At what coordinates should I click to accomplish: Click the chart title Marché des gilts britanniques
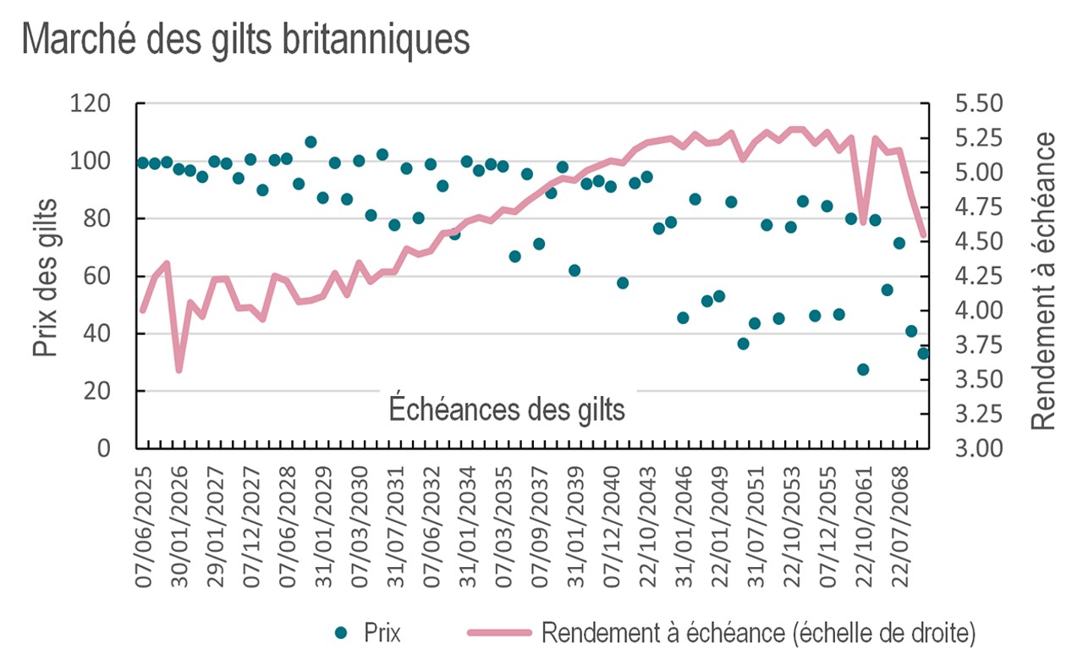[x=245, y=41]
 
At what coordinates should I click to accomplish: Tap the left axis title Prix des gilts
[x=47, y=277]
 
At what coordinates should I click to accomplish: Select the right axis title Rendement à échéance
[x=1046, y=280]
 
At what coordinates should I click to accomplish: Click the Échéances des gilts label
[x=507, y=410]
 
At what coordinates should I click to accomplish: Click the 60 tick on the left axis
[x=112, y=277]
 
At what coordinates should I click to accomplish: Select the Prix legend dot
[x=342, y=633]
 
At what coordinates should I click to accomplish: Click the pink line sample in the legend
[x=498, y=633]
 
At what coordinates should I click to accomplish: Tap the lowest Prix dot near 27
[x=863, y=369]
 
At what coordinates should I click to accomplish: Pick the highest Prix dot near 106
[x=311, y=141]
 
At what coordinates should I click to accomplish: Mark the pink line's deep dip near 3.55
[x=179, y=370]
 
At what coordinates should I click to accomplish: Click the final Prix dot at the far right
[x=923, y=353]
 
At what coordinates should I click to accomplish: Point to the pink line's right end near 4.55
[x=923, y=234]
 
